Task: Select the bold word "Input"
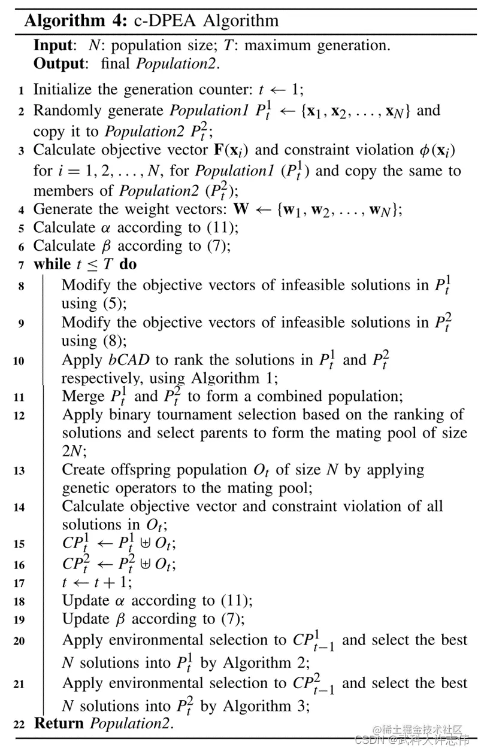click(53, 45)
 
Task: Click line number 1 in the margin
click(21, 91)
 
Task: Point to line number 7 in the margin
click(21, 265)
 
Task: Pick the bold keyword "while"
click(52, 264)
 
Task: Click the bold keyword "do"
click(128, 264)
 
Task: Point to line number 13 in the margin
click(19, 471)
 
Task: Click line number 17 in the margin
click(19, 583)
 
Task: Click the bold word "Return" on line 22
click(59, 723)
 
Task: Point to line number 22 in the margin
click(19, 725)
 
